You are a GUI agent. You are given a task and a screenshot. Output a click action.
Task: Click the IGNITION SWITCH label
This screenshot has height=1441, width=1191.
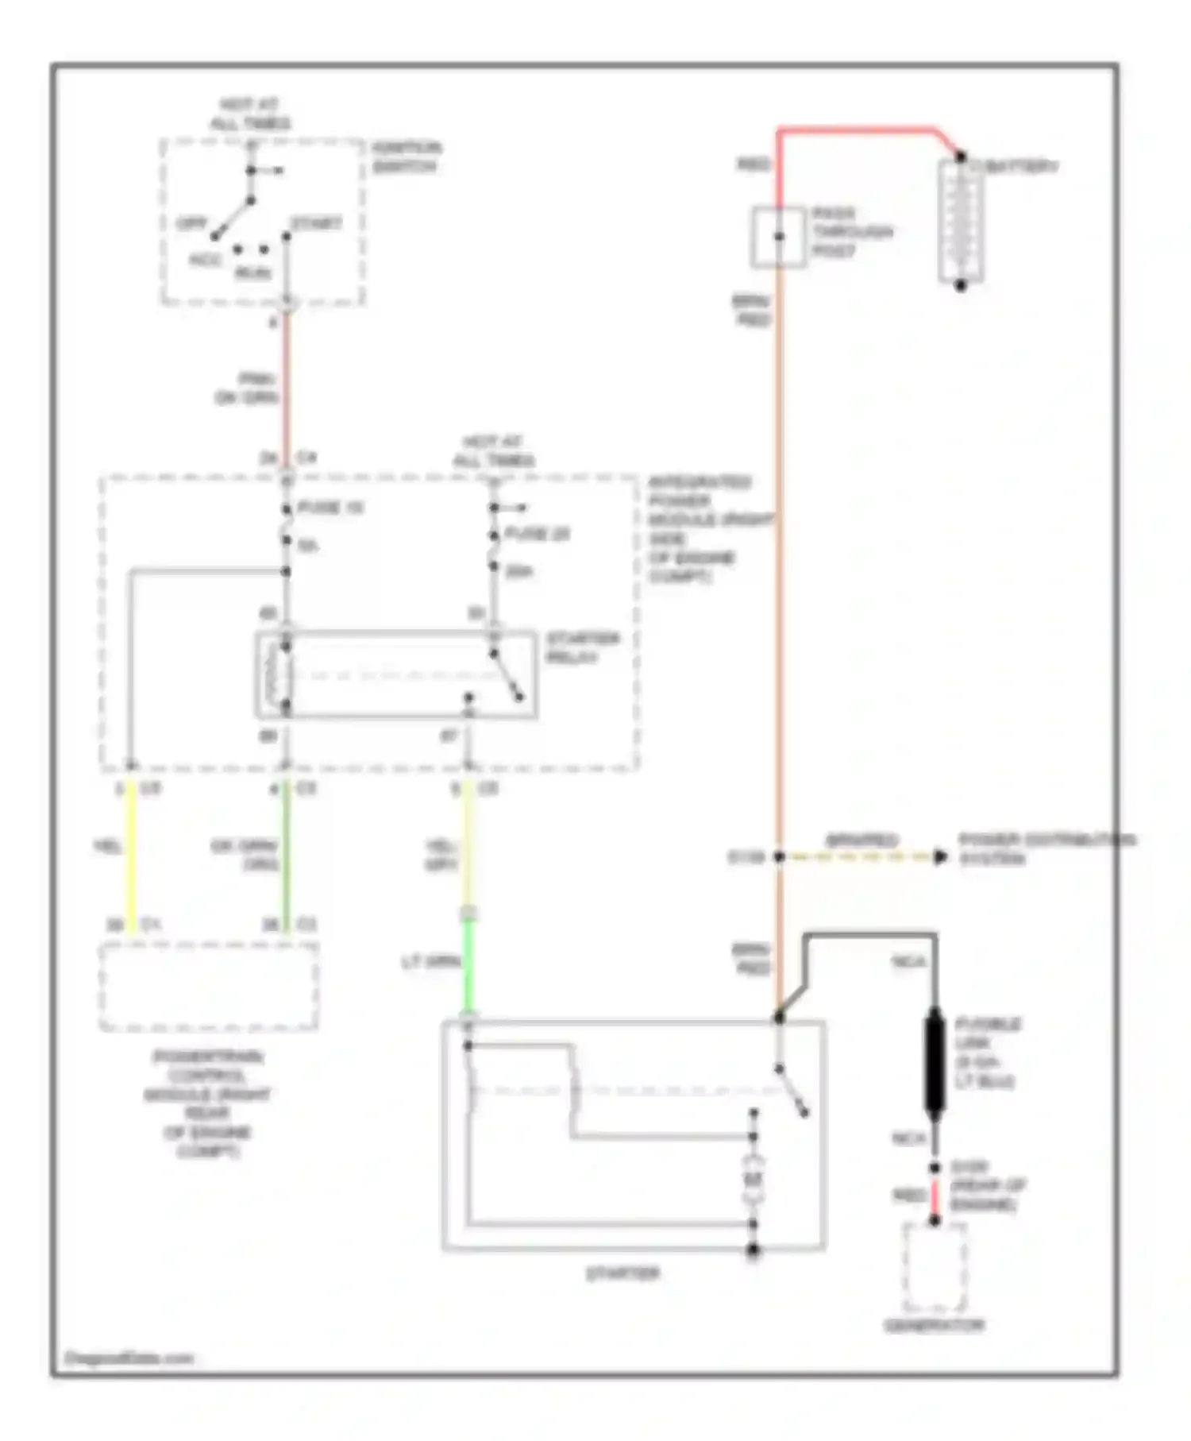(407, 157)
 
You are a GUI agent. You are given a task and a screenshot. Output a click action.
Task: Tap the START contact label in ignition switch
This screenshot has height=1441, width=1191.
(316, 224)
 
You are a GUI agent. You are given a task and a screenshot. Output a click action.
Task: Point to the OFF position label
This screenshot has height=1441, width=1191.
(191, 224)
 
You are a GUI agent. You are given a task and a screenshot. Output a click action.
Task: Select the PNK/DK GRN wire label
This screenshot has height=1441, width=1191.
(249, 388)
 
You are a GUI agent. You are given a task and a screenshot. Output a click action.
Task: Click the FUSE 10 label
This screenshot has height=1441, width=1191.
(330, 508)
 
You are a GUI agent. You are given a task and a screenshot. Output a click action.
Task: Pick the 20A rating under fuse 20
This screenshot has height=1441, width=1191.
(518, 571)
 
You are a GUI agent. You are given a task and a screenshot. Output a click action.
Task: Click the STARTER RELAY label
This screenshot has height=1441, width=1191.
(582, 647)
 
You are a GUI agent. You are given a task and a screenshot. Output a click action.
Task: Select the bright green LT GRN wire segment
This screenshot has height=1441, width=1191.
(468, 965)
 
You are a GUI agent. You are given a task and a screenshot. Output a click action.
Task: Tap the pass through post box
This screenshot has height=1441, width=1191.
(778, 237)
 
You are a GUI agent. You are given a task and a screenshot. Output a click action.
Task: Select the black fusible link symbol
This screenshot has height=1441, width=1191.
(935, 1061)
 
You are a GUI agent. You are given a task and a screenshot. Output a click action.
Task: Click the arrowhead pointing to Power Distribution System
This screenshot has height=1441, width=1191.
(941, 857)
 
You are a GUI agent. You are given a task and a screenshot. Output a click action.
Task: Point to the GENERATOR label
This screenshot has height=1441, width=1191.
(935, 1325)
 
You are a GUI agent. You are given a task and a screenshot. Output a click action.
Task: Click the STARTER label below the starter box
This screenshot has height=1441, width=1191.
(623, 1273)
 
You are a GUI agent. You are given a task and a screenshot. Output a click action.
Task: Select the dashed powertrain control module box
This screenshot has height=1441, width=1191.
(209, 987)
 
